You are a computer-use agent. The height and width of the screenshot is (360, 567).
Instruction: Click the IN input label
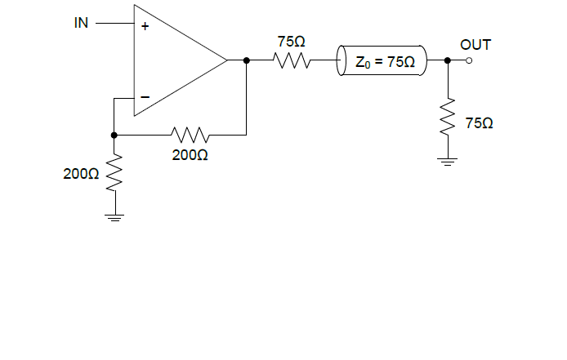[81, 23]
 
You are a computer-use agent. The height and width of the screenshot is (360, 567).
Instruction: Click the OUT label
[475, 45]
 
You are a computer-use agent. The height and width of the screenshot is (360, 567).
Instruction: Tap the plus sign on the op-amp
[145, 26]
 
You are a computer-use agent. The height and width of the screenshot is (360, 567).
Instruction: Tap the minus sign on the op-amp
[145, 96]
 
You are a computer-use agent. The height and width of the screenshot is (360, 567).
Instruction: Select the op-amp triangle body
[172, 60]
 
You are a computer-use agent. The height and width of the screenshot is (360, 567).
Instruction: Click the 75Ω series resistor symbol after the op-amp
[291, 60]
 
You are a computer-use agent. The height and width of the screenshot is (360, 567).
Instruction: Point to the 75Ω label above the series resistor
[292, 42]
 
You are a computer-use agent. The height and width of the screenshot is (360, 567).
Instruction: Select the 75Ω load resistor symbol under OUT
[447, 118]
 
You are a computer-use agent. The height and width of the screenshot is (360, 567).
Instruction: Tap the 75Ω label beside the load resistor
[479, 122]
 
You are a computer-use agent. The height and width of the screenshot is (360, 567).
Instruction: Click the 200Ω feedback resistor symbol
[190, 134]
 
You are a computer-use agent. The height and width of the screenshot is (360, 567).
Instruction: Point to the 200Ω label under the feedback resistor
[190, 153]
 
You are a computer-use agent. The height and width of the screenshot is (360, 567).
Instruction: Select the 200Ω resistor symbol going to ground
[114, 173]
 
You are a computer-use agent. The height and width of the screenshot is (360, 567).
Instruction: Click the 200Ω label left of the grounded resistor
[81, 174]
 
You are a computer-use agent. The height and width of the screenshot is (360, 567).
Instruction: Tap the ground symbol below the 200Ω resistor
[114, 217]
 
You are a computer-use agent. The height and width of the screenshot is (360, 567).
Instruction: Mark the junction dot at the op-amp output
[246, 60]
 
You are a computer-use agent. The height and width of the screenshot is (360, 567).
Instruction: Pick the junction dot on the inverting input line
[114, 134]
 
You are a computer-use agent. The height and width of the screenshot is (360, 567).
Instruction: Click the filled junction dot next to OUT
[447, 60]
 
